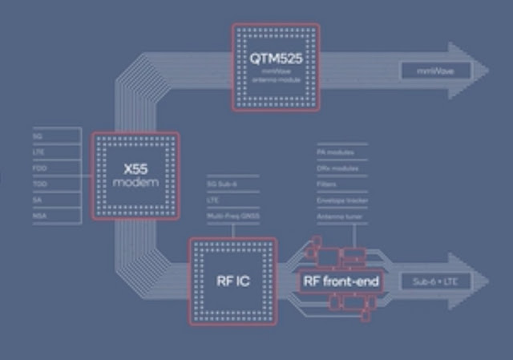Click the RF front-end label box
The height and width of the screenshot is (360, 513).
(x=339, y=282)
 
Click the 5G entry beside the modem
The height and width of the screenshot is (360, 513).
(x=38, y=136)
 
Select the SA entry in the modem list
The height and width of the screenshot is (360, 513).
(x=37, y=200)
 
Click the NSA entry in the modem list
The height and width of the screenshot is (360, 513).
(x=38, y=216)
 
